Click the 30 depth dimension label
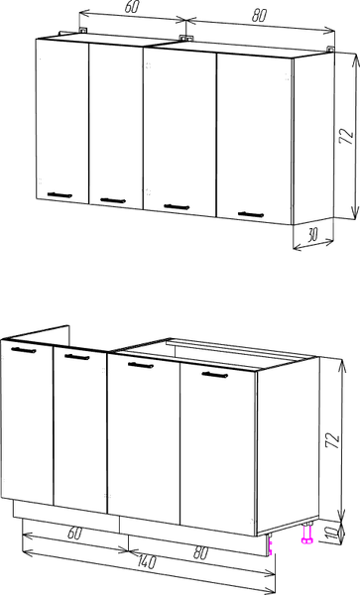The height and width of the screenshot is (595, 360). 312,235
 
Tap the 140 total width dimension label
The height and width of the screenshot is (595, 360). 146,561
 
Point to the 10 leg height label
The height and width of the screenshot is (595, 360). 332,533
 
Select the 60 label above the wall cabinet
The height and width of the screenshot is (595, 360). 131,7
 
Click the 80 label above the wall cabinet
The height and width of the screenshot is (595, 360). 260,16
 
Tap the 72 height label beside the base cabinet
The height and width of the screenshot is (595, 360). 332,440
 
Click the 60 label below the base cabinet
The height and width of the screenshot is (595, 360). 74,534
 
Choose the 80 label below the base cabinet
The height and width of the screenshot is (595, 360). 200,553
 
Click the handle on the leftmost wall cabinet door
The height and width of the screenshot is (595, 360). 60,195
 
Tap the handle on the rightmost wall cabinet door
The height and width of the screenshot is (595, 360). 251,214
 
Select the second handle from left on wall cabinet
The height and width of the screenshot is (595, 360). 113,200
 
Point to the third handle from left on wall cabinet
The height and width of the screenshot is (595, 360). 177,206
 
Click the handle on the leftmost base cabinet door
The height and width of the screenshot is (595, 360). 24,350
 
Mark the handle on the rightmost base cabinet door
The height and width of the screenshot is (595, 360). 215,375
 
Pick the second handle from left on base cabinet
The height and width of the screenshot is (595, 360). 77,357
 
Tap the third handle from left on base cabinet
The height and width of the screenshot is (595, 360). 141,365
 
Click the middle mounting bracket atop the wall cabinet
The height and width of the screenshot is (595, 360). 184,38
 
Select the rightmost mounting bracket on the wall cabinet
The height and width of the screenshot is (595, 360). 331,49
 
